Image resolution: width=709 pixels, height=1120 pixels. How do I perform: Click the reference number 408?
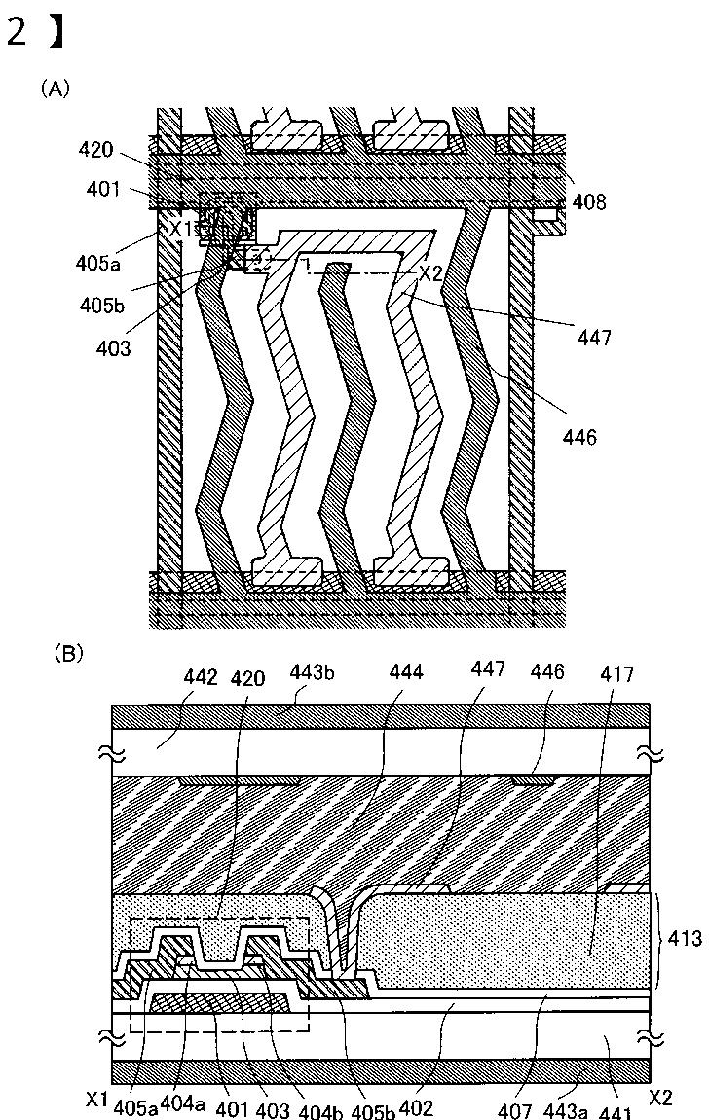(x=589, y=201)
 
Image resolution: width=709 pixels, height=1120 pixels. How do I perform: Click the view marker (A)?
(x=55, y=89)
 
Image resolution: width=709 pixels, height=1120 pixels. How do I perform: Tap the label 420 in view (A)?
(x=96, y=151)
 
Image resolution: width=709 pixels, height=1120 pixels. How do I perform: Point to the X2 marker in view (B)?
(x=660, y=1098)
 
